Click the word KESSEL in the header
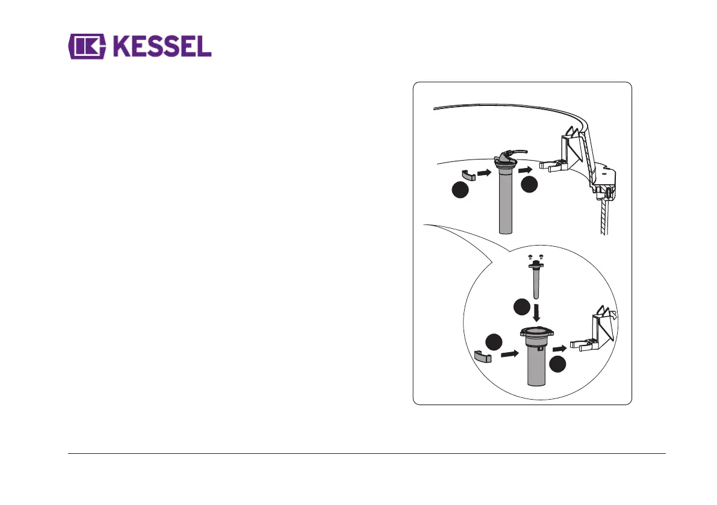tap(161, 47)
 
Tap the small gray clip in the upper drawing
tap(468, 175)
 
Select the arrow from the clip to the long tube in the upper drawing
tap(484, 174)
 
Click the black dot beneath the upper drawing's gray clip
tap(459, 191)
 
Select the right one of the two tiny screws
tap(541, 256)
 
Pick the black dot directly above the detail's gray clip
tap(494, 341)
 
